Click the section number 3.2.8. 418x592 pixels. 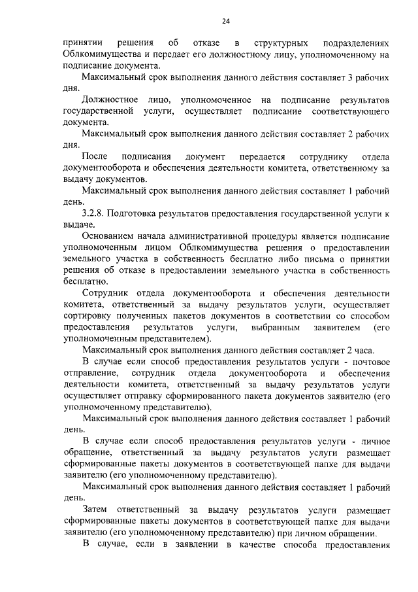98,214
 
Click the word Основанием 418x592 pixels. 112,236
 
